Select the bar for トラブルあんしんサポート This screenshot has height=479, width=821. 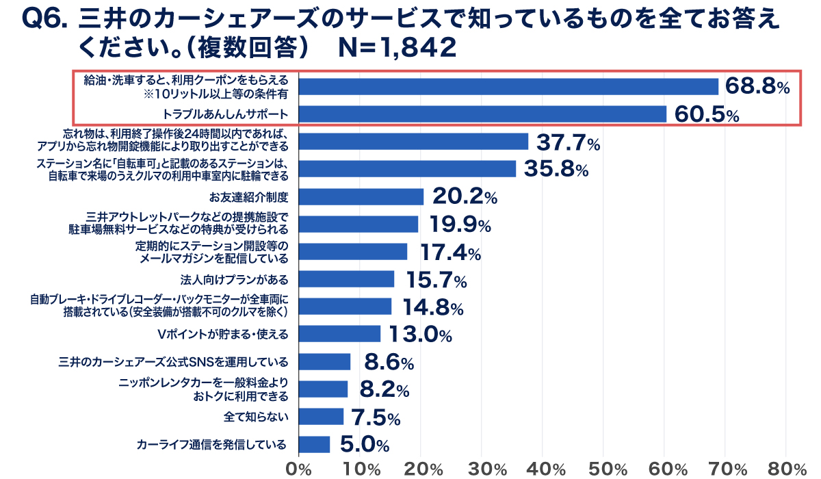(x=482, y=114)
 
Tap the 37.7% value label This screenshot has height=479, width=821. (x=568, y=142)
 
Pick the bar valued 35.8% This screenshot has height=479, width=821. (x=407, y=169)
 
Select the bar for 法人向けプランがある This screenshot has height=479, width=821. (x=346, y=279)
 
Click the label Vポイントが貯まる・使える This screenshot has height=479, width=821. (x=223, y=334)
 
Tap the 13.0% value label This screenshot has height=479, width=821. (x=420, y=335)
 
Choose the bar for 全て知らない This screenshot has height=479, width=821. (x=321, y=417)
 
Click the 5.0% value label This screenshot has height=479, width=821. (x=364, y=445)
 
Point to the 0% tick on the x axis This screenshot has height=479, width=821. (x=298, y=469)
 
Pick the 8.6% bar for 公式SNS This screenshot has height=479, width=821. (x=324, y=362)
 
